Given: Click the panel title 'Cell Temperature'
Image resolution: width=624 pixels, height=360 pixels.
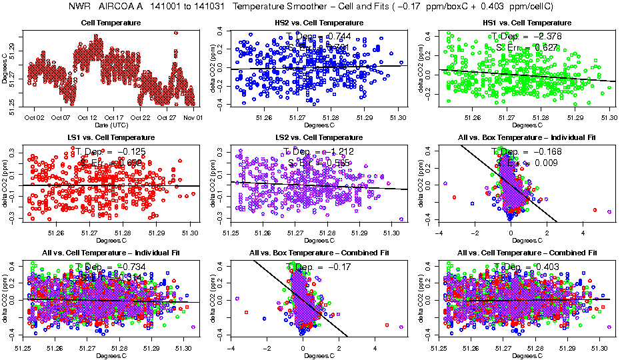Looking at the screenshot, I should (111, 23).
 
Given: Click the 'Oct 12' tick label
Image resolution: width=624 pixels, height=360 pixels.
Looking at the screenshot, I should (88, 118).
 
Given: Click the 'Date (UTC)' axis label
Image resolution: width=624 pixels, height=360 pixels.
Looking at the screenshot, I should (111, 125).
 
